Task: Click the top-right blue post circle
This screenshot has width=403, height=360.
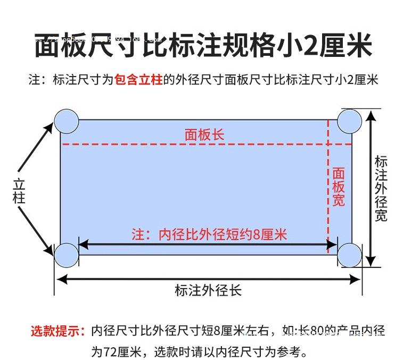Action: click(x=350, y=121)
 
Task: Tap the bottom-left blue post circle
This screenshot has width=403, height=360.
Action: click(x=66, y=255)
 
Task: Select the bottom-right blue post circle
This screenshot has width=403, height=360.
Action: click(x=350, y=255)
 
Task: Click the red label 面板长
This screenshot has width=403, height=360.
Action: click(x=204, y=135)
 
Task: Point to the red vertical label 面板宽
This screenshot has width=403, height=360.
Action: click(x=339, y=187)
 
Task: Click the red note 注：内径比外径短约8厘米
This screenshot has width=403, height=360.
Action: click(x=209, y=235)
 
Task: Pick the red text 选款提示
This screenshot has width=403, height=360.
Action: click(x=57, y=331)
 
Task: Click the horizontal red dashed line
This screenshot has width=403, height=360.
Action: click(x=133, y=144)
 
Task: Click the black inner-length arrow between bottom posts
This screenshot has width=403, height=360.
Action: click(x=208, y=245)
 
